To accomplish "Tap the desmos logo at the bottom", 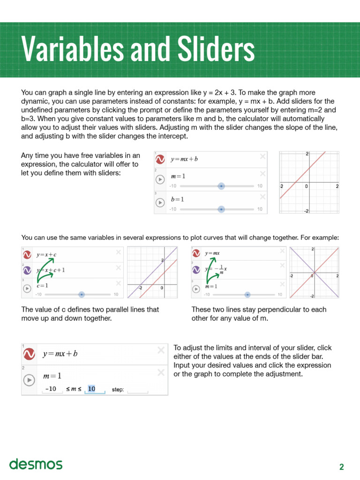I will (x=36, y=464).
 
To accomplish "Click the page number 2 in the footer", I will (x=342, y=466).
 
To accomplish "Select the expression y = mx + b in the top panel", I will (x=184, y=159).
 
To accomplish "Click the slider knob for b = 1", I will (x=221, y=209).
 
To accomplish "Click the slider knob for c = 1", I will (x=82, y=294).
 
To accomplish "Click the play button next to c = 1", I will (x=27, y=288).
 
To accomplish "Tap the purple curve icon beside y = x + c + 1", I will (x=27, y=270).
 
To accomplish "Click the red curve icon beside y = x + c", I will (x=27, y=255).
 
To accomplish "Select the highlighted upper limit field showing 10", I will (x=92, y=389).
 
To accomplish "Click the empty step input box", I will (x=137, y=390).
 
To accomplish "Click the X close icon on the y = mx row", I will (x=281, y=252).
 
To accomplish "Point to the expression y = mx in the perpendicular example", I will (x=212, y=253).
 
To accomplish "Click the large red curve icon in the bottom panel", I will (x=30, y=354).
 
